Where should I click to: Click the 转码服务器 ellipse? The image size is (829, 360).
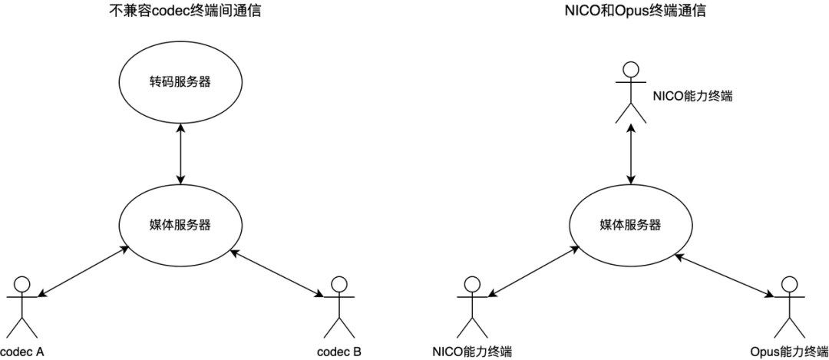point(180,81)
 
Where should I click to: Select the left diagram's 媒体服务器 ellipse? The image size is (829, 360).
point(180,225)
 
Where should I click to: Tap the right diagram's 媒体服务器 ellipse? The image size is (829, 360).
point(629,225)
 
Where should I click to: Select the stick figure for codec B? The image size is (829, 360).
point(335,307)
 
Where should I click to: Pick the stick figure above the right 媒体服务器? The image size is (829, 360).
point(630,91)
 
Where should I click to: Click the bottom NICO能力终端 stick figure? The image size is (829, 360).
point(472,307)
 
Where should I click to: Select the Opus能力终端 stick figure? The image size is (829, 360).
point(787,307)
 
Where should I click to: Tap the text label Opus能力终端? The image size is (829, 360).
point(787,352)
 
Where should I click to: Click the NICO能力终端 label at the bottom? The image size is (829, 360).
point(472,352)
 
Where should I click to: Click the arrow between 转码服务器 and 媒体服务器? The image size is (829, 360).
point(180,153)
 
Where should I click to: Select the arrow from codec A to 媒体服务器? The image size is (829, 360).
point(83,270)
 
